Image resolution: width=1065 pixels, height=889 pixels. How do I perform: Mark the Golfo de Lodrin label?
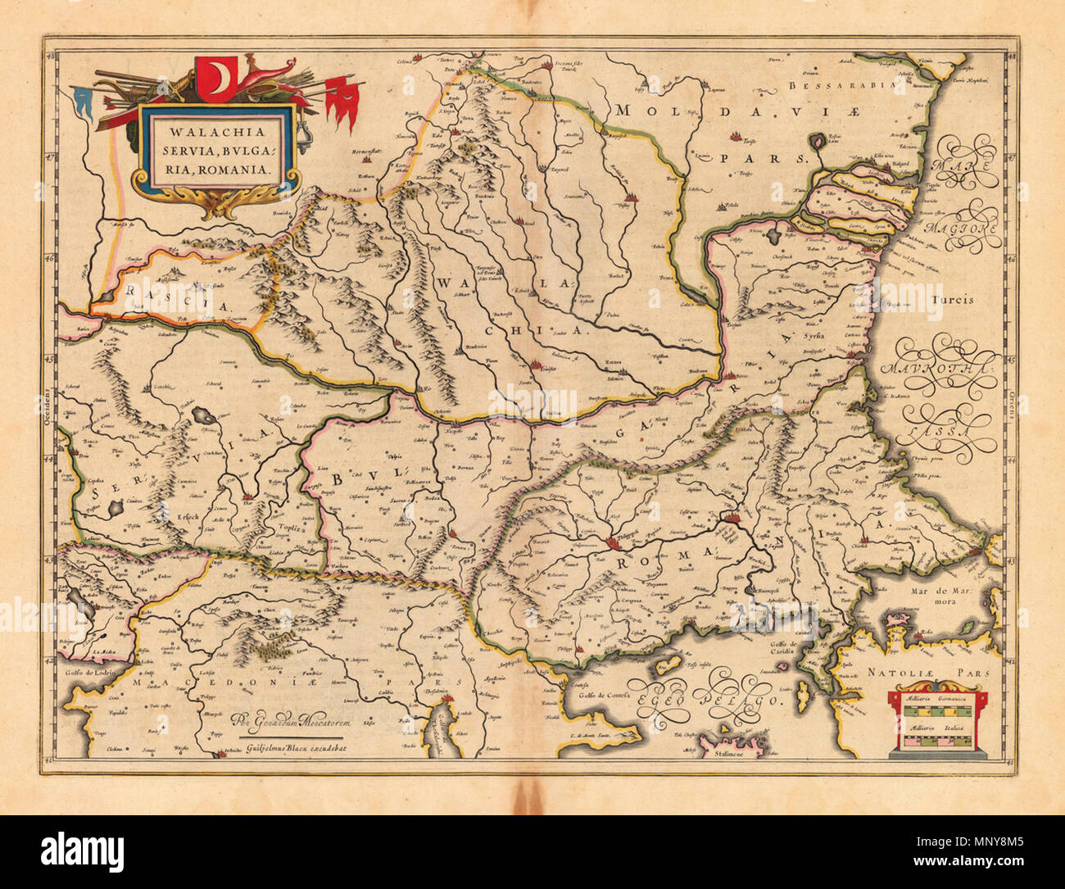click(x=88, y=670)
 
